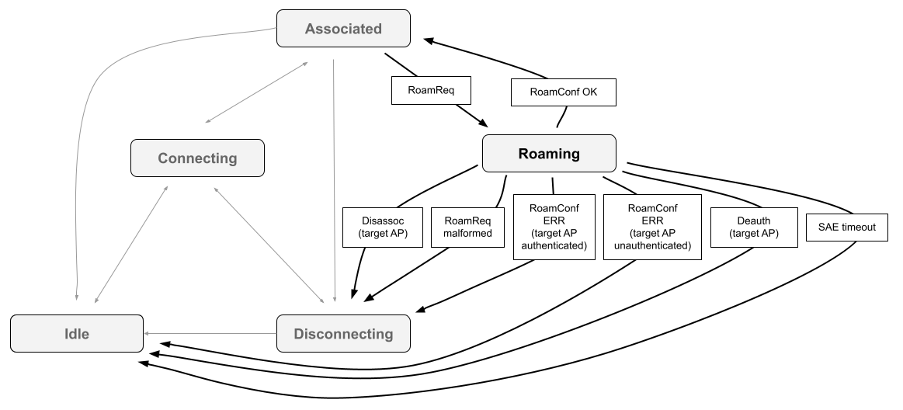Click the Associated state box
pyautogui.click(x=343, y=29)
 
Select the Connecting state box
pyautogui.click(x=197, y=158)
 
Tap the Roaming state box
pyautogui.click(x=549, y=154)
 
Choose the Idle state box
pyautogui.click(x=77, y=334)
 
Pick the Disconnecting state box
pyautogui.click(x=343, y=334)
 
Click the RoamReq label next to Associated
pyautogui.click(x=431, y=90)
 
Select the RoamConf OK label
pyautogui.click(x=563, y=92)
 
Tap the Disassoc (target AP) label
pyautogui.click(x=383, y=227)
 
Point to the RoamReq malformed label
pyautogui.click(x=467, y=227)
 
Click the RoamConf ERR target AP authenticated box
pyautogui.click(x=554, y=227)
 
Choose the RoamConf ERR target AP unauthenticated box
pyautogui.click(x=652, y=227)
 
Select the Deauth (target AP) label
pyautogui.click(x=754, y=227)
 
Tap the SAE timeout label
pyautogui.click(x=846, y=228)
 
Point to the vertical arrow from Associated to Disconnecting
pyautogui.click(x=334, y=179)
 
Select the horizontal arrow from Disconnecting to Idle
pyautogui.click(x=210, y=334)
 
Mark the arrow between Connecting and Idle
pyautogui.click(x=130, y=244)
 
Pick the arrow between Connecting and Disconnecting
pyautogui.click(x=268, y=244)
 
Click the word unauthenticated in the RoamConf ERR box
pyautogui.click(x=652, y=245)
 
